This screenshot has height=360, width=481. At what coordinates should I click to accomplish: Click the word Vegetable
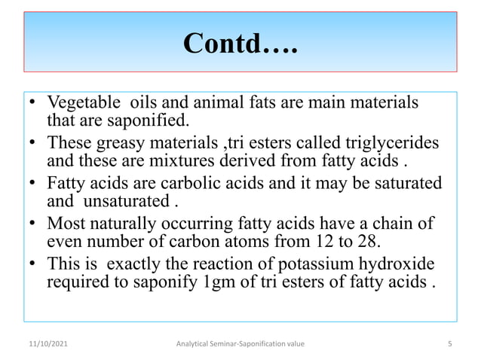[81, 102]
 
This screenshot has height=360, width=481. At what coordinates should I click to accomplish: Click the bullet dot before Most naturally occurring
[34, 224]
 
